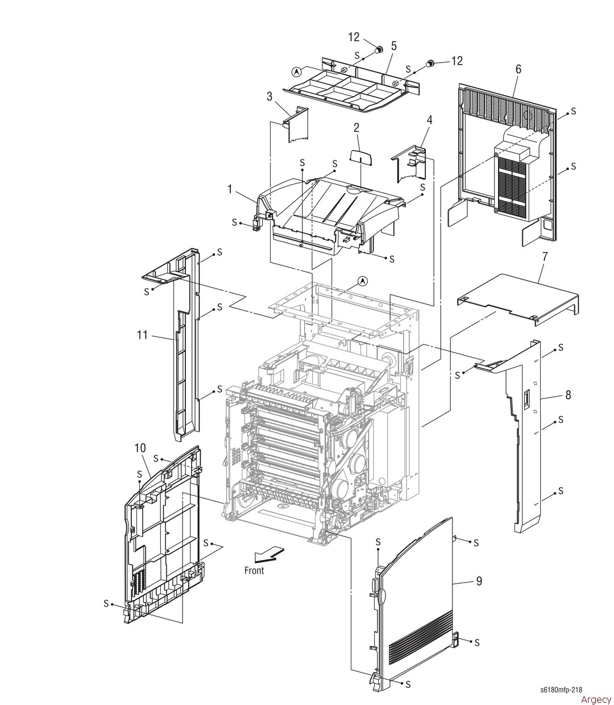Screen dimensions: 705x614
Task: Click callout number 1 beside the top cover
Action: [230, 189]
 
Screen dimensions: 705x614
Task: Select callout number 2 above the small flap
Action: [356, 128]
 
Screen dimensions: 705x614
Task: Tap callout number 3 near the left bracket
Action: [269, 96]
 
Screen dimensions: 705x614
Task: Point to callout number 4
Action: [429, 120]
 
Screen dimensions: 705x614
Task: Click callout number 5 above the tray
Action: [393, 45]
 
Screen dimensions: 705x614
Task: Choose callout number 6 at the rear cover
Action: [518, 69]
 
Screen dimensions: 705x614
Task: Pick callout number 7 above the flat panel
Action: [544, 257]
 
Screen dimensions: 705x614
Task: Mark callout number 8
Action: [567, 395]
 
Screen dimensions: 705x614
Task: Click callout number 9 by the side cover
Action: [479, 581]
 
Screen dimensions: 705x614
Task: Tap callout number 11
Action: [142, 335]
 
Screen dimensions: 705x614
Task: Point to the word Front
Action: [254, 570]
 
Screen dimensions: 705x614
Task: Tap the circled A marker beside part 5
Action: [296, 72]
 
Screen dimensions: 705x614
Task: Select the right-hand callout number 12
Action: [457, 61]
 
